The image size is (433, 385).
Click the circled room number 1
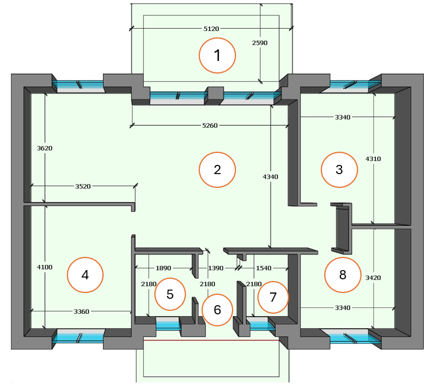[217, 55]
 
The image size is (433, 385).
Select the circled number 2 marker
[217, 170]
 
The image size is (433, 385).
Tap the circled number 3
[339, 170]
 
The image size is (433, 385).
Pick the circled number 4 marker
[85, 275]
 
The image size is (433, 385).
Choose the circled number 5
[170, 294]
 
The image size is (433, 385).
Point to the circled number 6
[217, 310]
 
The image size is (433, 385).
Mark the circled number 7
[273, 297]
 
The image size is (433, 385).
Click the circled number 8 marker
[343, 275]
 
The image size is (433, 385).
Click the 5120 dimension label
[211, 29]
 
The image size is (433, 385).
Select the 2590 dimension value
[260, 43]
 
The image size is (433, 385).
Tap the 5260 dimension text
[210, 125]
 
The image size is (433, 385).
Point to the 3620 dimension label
[45, 148]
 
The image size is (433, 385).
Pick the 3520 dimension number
[83, 186]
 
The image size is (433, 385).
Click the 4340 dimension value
[271, 176]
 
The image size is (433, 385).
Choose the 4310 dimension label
[373, 159]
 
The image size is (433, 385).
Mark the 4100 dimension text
[45, 267]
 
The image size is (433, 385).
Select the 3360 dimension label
[81, 311]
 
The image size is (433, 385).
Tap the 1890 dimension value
[164, 268]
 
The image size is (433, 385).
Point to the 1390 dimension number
[216, 268]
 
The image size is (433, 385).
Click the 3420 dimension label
[373, 278]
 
